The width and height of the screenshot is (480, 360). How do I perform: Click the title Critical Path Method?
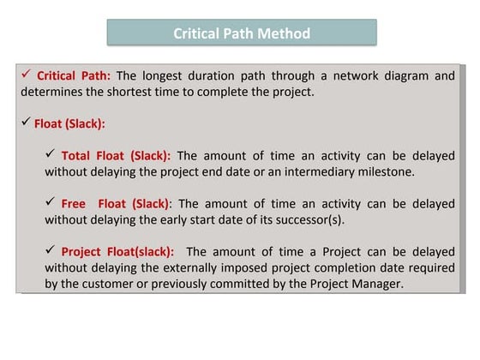pyautogui.click(x=241, y=33)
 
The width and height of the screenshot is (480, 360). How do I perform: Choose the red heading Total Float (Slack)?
pyautogui.click(x=116, y=155)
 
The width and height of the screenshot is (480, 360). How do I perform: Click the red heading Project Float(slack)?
pyautogui.click(x=117, y=251)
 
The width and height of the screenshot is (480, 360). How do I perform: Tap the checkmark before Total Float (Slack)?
pyautogui.click(x=50, y=154)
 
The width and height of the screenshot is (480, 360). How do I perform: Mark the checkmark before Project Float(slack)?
pyautogui.click(x=50, y=250)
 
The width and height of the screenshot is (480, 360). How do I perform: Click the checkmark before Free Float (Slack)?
pyautogui.click(x=50, y=202)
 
